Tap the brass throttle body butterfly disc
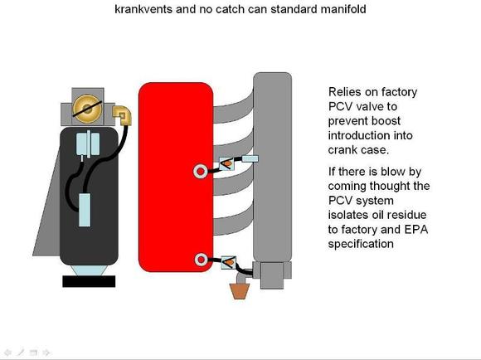(x=87, y=109)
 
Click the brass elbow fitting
(x=123, y=115)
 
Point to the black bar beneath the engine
(x=89, y=281)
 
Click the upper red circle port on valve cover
(x=200, y=172)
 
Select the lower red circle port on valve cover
(x=201, y=260)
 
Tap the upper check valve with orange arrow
(x=227, y=164)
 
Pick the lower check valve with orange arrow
(x=229, y=263)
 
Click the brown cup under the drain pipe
(x=240, y=291)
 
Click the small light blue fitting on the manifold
(x=250, y=159)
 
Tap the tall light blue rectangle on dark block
(x=85, y=210)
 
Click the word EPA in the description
(x=416, y=229)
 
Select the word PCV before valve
(x=339, y=106)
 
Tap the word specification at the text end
(x=361, y=245)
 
